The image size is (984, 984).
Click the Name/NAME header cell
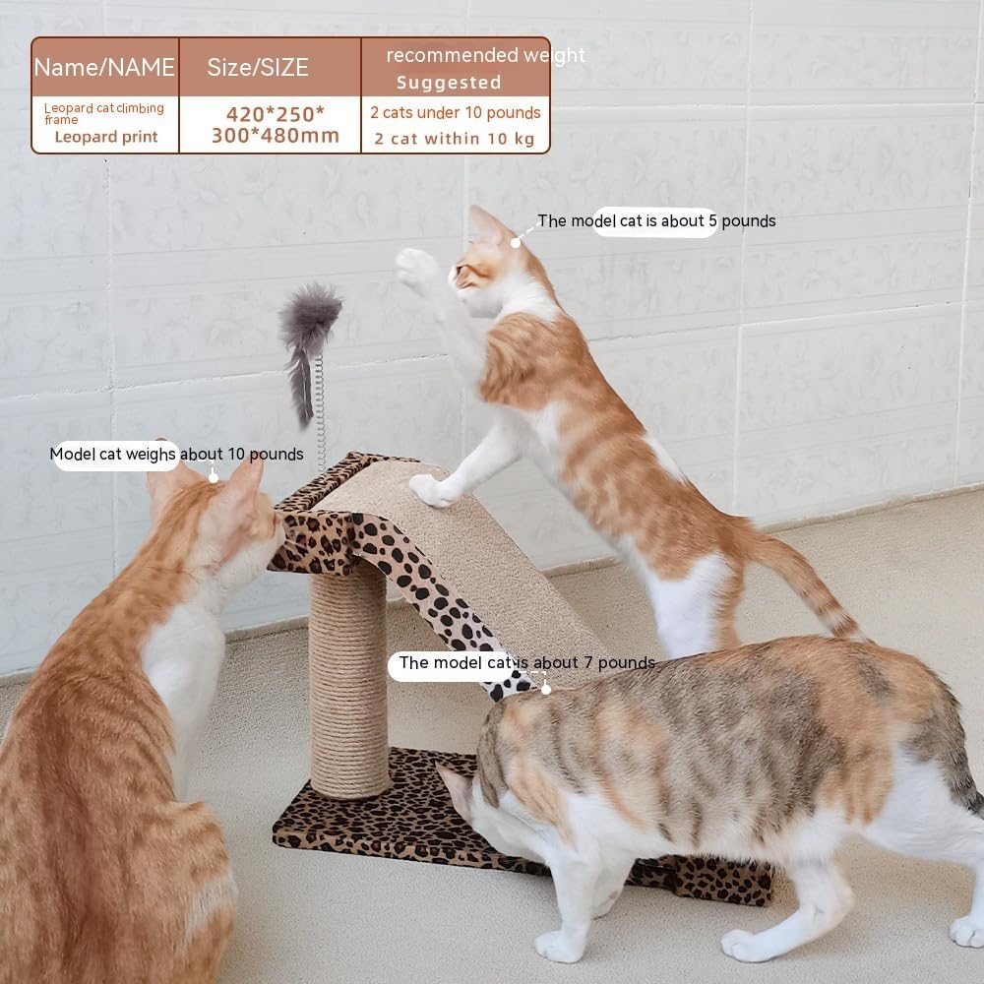click(104, 67)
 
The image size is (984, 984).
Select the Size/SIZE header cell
click(258, 67)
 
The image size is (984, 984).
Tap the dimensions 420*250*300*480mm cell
click(275, 124)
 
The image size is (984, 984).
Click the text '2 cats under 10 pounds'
click(456, 112)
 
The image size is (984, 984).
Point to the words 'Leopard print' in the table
click(105, 137)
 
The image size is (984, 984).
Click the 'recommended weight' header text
click(484, 55)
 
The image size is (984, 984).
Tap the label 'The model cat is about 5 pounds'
click(655, 221)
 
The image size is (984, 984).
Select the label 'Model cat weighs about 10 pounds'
click(177, 454)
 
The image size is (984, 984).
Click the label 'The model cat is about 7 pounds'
click(525, 663)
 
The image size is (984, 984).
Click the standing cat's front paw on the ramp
click(429, 489)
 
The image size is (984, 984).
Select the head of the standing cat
click(489, 264)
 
